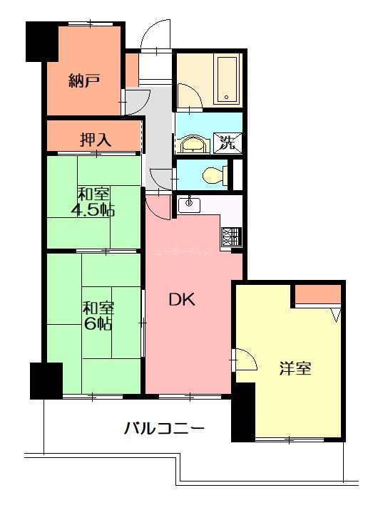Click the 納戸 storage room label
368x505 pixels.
(84, 80)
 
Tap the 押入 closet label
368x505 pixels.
(94, 140)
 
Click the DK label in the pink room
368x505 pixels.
(182, 300)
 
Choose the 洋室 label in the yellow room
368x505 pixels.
(295, 369)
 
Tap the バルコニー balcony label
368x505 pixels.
(164, 429)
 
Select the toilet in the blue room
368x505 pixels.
(214, 174)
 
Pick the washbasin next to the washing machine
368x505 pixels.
(193, 145)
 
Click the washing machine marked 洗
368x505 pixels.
(226, 142)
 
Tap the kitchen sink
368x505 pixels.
(189, 204)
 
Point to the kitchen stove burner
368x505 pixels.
(231, 237)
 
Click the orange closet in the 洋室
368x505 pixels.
(318, 294)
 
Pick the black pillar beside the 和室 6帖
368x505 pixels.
(45, 380)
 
